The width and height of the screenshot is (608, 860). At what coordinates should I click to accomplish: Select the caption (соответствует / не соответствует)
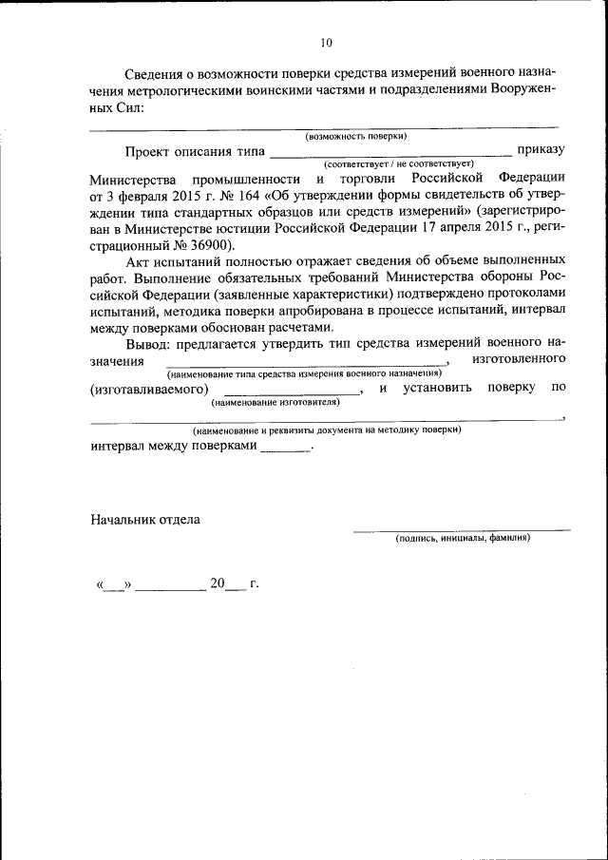coord(391,163)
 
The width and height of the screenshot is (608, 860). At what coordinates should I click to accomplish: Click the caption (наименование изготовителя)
coord(275,402)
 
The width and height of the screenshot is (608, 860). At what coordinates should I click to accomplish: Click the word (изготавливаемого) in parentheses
coord(149,389)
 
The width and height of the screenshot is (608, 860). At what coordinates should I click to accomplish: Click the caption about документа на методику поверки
coord(327,430)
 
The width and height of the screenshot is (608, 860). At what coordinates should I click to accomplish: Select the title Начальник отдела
coord(145,519)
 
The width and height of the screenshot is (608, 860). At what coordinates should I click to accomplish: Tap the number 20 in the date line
coord(218,583)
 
